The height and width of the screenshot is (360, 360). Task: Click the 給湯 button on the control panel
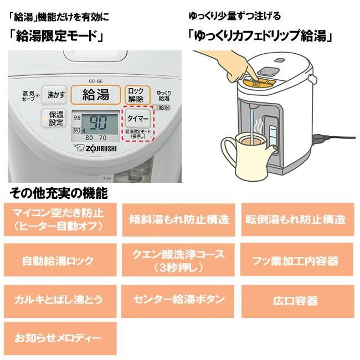(x=96, y=94)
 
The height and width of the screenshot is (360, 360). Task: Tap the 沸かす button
(x=56, y=95)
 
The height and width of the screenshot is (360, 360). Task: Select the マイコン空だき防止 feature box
(x=58, y=220)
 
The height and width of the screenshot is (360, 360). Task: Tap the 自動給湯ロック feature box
(x=58, y=261)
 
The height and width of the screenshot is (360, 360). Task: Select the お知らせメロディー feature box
(x=58, y=337)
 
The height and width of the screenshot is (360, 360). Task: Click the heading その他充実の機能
(x=58, y=194)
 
